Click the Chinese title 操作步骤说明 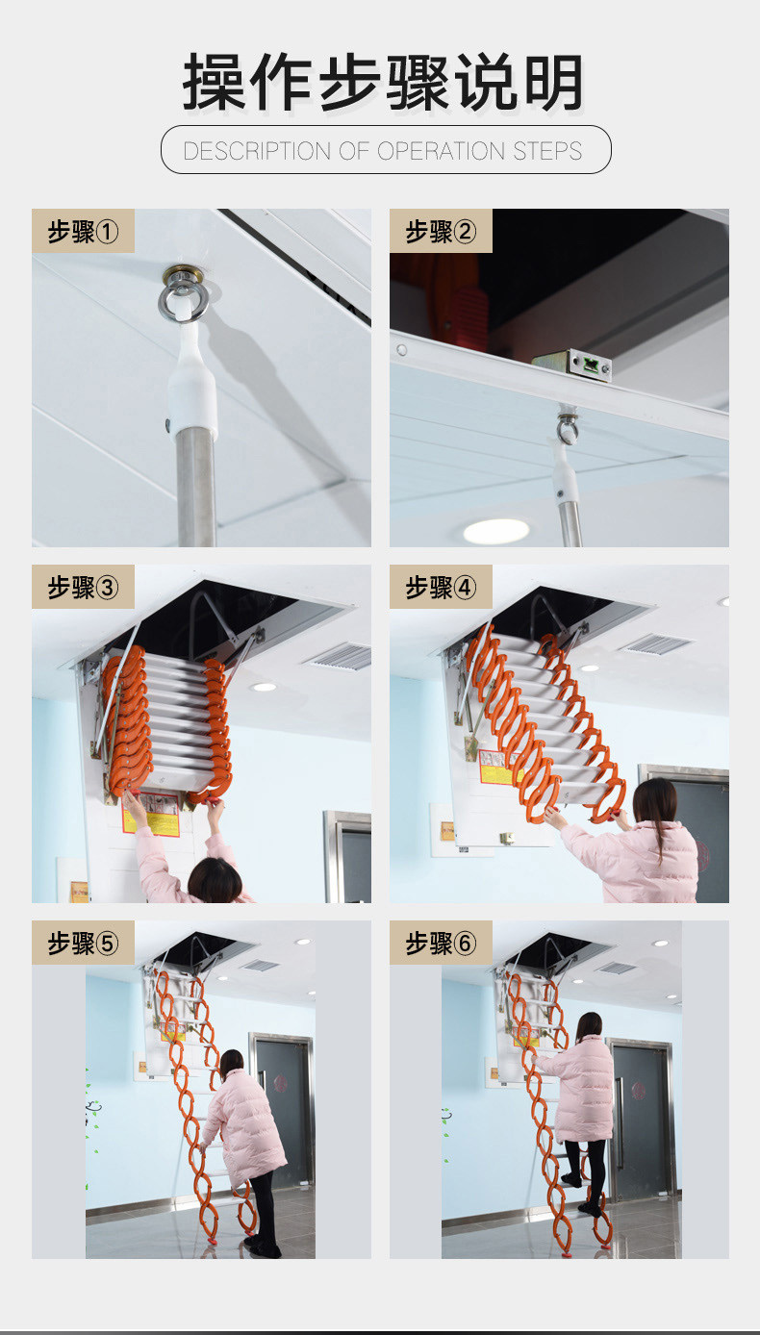(383, 82)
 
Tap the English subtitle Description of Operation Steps (383, 151)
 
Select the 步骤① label (83, 231)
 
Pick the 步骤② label (441, 231)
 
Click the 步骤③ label (83, 587)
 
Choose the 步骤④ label (441, 587)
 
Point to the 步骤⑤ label (83, 943)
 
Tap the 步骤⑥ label (441, 943)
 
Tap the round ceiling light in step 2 (496, 531)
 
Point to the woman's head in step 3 (215, 880)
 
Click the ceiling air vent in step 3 (341, 656)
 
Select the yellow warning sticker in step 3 (151, 815)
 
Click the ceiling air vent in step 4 (656, 643)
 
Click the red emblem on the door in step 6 (637, 1092)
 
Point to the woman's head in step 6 (589, 1025)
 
